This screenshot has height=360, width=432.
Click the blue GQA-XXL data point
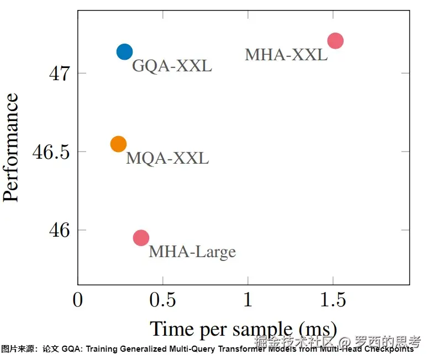125,52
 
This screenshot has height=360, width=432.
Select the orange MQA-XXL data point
118,144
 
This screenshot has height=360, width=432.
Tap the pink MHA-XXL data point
335,40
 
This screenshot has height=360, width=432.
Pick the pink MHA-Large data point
141,238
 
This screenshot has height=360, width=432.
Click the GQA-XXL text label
172,66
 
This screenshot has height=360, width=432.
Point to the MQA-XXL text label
167,159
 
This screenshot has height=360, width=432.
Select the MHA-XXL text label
286,55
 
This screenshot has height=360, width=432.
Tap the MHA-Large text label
192,252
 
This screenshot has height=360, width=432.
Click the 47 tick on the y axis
60,74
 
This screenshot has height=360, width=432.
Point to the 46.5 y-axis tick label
51,152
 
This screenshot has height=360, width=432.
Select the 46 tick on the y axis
60,230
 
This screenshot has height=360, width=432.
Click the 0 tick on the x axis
78,300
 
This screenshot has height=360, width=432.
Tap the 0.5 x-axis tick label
163,300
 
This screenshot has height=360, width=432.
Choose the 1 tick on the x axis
248,300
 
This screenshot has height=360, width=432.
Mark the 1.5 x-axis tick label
333,300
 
